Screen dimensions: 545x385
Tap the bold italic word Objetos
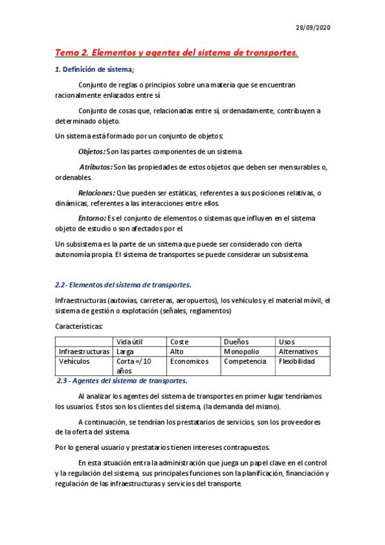91,152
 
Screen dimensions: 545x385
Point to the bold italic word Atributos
95,167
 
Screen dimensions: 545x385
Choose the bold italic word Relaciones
96,193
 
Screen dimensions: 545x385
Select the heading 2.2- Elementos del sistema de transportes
123,285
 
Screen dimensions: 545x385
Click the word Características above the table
80,326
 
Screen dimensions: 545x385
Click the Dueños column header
236,342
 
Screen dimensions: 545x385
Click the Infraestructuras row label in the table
84,352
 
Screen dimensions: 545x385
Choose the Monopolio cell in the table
241,352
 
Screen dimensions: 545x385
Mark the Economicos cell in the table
190,361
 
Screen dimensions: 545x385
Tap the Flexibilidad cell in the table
297,361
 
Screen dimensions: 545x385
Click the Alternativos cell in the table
298,352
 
